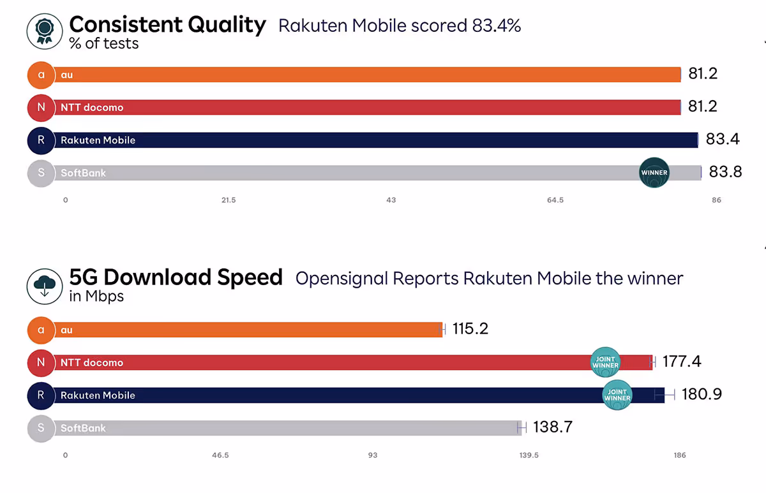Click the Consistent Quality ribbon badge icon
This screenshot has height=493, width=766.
(44, 31)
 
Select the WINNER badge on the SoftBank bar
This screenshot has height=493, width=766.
(654, 172)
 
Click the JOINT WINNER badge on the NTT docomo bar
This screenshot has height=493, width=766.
(605, 362)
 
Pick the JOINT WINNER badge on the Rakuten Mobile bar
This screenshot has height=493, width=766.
(617, 395)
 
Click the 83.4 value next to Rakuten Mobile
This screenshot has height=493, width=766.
(723, 139)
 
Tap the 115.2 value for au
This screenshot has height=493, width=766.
(470, 329)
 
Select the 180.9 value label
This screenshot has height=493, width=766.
(702, 394)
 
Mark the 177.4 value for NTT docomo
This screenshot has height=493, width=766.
(682, 362)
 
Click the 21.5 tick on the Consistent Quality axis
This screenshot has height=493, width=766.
(229, 200)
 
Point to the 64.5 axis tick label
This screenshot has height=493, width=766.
(555, 200)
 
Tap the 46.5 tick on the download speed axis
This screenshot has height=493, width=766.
(221, 455)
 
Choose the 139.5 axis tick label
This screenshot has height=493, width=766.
(529, 455)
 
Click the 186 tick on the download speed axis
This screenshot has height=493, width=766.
(679, 455)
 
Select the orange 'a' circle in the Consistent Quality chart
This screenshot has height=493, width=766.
(41, 75)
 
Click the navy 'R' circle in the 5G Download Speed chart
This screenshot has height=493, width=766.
(41, 395)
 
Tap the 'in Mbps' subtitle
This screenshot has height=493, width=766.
(96, 297)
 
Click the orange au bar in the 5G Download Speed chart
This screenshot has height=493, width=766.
(255, 330)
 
